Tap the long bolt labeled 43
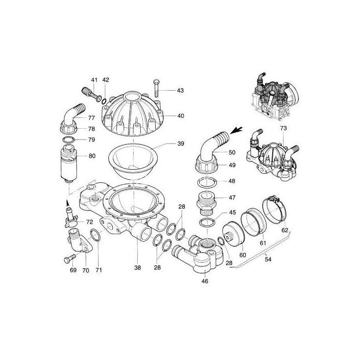[x=155, y=90]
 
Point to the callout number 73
[x=283, y=129]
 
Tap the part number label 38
[x=137, y=268]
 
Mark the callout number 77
[x=91, y=118]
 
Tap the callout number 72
[x=90, y=222]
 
